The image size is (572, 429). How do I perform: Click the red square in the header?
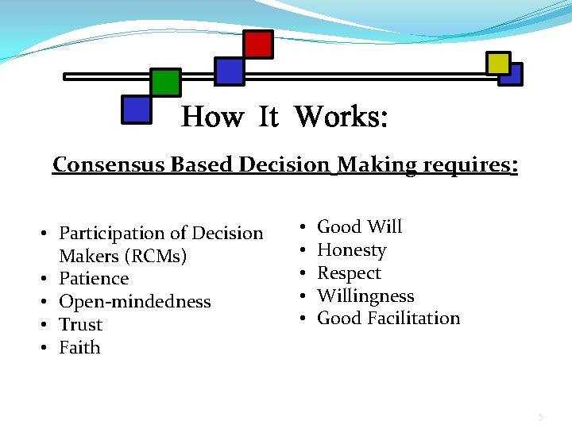point(258,44)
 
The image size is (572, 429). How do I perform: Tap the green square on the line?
point(166,83)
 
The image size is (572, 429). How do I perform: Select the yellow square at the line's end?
point(499,64)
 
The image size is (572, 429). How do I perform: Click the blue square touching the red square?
point(230,71)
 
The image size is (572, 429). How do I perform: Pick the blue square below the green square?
point(137,110)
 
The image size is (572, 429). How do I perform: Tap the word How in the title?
point(212,118)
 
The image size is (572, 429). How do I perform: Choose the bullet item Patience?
point(94,279)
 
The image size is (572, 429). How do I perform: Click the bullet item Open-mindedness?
point(135,302)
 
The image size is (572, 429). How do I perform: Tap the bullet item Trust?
point(81,325)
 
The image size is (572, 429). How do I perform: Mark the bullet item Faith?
point(79,347)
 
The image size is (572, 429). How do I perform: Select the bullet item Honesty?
point(351,250)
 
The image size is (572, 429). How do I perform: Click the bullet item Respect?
point(349,273)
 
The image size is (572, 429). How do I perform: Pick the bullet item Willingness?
point(365,296)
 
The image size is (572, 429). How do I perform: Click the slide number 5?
point(541,416)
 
